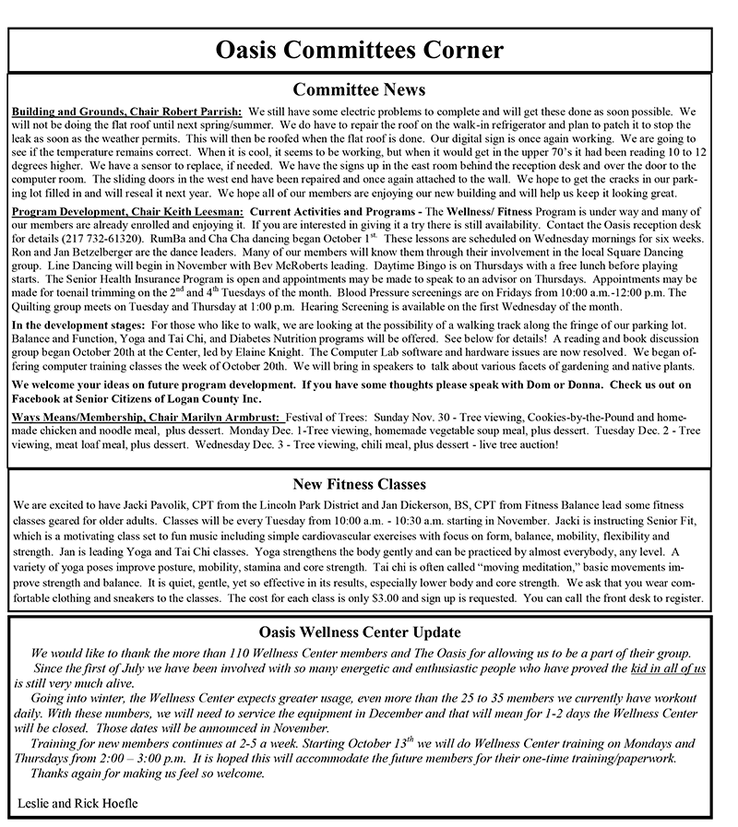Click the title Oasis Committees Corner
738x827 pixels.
[x=359, y=50]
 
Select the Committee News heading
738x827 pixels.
[x=359, y=89]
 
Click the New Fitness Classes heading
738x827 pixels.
[x=359, y=483]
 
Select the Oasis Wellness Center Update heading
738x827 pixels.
[x=359, y=632]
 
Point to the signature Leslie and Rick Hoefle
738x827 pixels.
[x=77, y=803]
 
